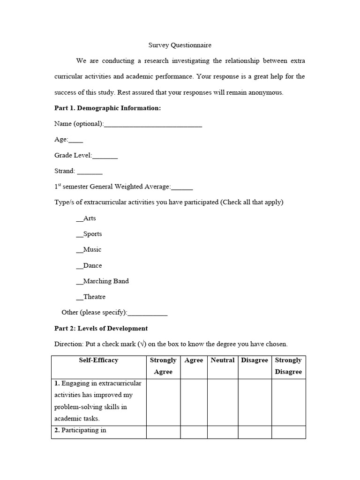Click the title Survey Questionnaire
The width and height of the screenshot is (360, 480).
180,45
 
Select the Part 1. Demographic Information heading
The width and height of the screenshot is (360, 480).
108,108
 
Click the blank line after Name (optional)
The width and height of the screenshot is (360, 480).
153,124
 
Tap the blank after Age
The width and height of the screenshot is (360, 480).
76,140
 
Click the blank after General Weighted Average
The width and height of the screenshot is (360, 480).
182,187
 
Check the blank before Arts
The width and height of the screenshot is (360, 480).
79,218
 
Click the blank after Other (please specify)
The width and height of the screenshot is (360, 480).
147,313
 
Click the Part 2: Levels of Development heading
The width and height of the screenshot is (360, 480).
101,328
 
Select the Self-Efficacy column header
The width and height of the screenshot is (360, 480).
99,360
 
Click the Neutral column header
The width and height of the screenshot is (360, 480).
223,360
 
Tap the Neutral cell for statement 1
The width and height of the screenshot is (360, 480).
223,402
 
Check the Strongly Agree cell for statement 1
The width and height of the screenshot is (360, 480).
163,402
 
